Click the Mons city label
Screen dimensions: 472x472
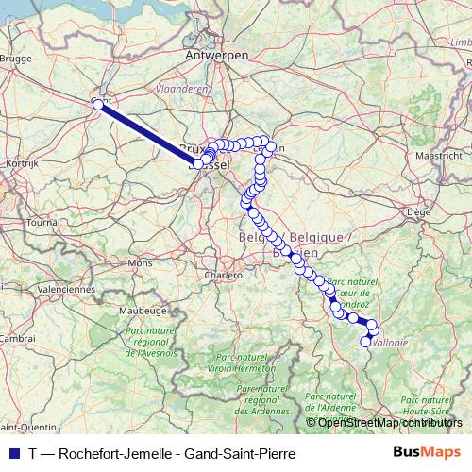[x=140, y=262]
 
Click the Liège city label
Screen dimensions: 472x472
[x=416, y=213]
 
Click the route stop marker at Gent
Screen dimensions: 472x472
[x=97, y=105]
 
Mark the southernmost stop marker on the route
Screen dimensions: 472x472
[x=366, y=342]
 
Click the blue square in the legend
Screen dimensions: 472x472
[x=12, y=453]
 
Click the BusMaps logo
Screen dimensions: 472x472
[x=427, y=452]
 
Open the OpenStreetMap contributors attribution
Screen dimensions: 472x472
[x=389, y=422]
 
